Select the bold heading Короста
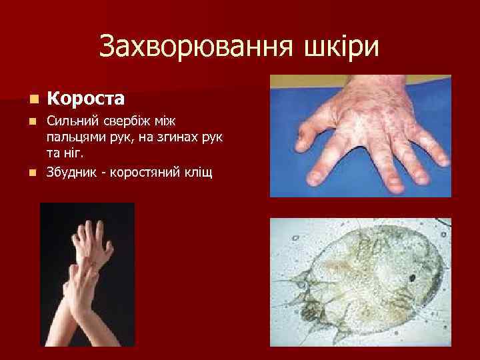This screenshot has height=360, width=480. tap(86, 99)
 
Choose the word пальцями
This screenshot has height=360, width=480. tap(73, 137)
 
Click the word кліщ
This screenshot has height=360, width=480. tap(197, 173)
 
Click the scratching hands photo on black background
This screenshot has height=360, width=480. tap(87, 273)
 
